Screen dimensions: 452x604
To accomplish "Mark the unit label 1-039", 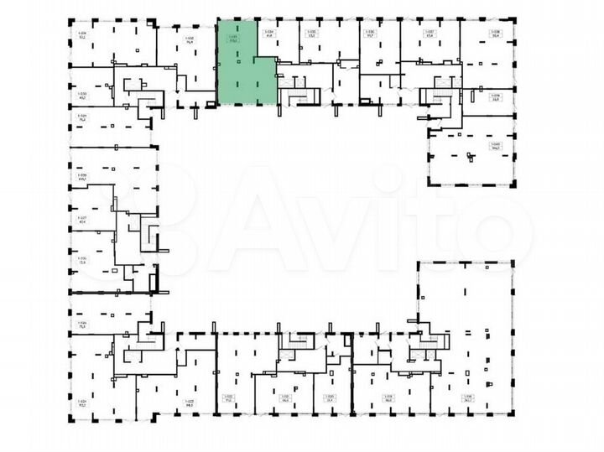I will pos(495,96).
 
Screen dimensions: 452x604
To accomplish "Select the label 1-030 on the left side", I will pos(82,92).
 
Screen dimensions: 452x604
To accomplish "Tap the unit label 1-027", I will pos(82,219).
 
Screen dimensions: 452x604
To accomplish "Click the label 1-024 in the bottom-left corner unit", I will pos(82,401).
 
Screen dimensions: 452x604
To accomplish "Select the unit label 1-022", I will pos(227,397).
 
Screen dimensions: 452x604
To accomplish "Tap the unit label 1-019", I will pos(388,397).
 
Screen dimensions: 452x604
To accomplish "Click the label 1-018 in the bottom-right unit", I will pos(468,397).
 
